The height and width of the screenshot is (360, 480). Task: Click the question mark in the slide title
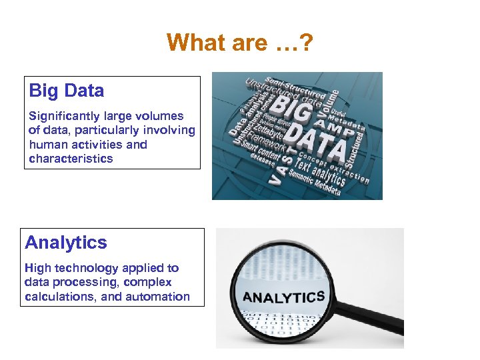[307, 43]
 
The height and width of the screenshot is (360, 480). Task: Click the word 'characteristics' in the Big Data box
[71, 159]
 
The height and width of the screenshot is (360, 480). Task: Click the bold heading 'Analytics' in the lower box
[66, 242]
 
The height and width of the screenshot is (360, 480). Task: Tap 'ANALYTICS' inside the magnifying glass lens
[283, 297]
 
